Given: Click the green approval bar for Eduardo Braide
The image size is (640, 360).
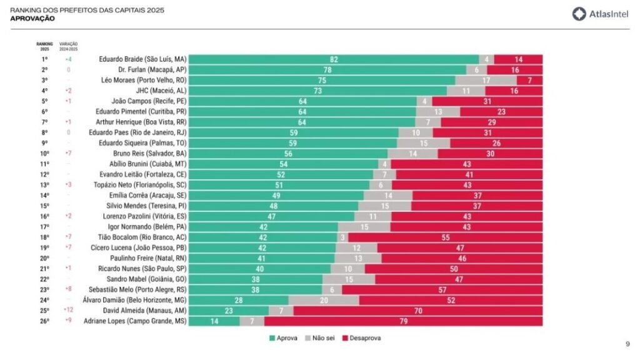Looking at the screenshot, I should click(x=334, y=59).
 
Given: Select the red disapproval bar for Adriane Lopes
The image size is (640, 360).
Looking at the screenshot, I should click(x=403, y=321).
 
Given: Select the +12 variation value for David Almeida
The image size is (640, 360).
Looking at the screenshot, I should click(x=68, y=310).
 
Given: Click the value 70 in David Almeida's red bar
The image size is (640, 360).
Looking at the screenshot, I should click(x=418, y=310).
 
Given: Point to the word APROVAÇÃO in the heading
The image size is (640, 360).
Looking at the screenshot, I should click(x=32, y=19).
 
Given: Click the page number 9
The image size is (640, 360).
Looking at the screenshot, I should click(x=627, y=344).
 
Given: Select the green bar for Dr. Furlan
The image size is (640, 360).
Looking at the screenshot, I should click(x=327, y=70).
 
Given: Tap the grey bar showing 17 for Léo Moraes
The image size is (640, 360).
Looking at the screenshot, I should click(x=486, y=80).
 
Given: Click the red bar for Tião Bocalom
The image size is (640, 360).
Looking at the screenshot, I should click(x=446, y=237).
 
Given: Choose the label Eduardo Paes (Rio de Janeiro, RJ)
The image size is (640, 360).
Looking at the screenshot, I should click(x=137, y=132).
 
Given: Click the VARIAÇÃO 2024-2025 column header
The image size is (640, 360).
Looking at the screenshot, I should click(x=68, y=46).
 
